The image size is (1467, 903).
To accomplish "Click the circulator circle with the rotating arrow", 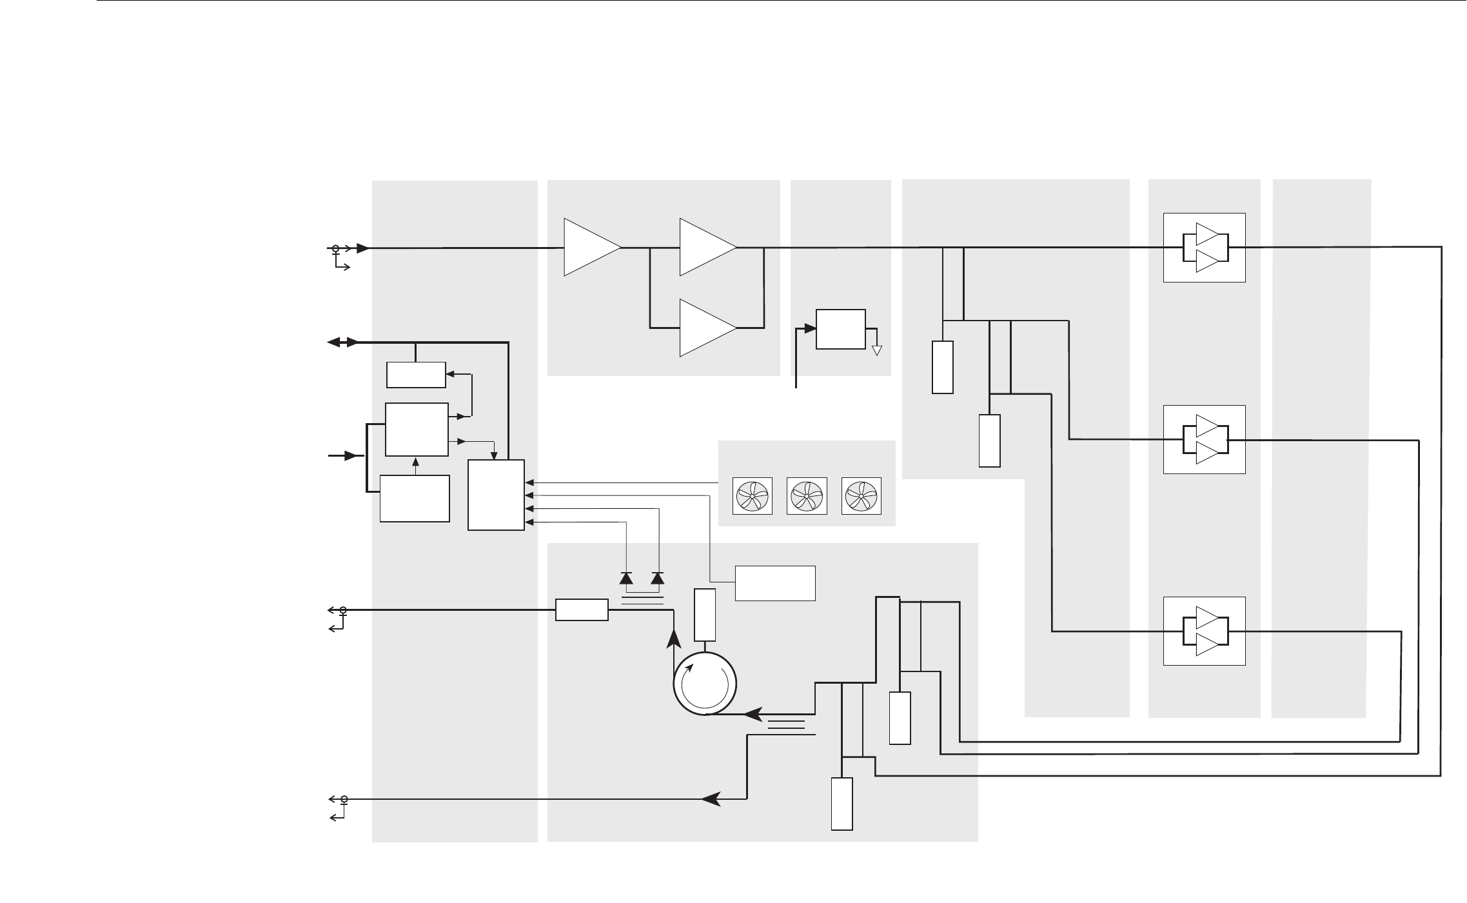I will point(705,684).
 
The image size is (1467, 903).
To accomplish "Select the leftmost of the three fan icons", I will point(752,496).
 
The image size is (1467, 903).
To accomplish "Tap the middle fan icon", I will point(807,496).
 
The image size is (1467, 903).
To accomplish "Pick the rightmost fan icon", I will point(861,496).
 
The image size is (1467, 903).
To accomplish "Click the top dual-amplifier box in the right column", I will point(1204,248).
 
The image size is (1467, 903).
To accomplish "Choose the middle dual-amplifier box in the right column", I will point(1204,439).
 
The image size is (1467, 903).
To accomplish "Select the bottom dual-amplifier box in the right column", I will point(1204,631).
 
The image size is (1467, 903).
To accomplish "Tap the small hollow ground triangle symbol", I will point(876,350).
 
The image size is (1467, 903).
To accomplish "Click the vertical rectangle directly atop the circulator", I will point(705,615).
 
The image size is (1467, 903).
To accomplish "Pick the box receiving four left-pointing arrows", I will point(496,495).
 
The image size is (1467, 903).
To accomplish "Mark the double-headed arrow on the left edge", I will point(342,342).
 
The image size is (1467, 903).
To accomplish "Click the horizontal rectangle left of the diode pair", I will point(582,610).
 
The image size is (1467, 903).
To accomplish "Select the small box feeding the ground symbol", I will point(840,329).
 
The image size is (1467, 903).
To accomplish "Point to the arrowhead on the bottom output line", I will point(711,799).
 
